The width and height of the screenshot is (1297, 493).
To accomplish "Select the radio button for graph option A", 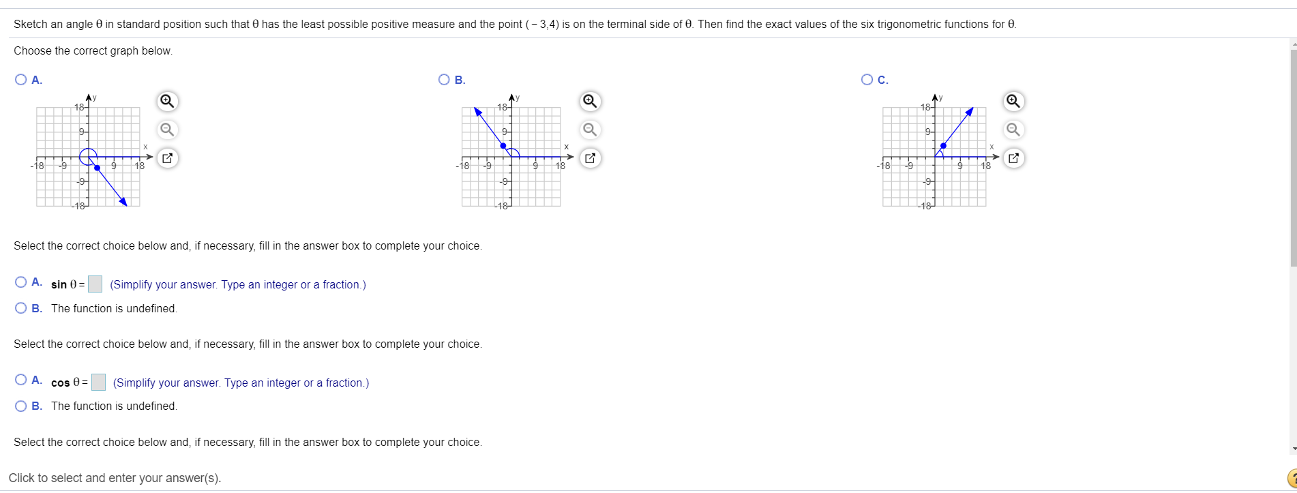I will pyautogui.click(x=21, y=80).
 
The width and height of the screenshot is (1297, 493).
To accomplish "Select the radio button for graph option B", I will pyautogui.click(x=445, y=80).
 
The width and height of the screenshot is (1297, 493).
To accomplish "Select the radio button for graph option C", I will pyautogui.click(x=867, y=80).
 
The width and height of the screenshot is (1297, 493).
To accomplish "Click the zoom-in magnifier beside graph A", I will pyautogui.click(x=167, y=102).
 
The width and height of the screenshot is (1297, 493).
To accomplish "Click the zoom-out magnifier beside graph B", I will pyautogui.click(x=591, y=130).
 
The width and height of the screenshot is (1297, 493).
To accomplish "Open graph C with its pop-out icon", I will pyautogui.click(x=1013, y=158).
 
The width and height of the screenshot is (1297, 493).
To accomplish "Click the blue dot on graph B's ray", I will pyautogui.click(x=503, y=146).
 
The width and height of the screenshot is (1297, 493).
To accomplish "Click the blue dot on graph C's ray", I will pyautogui.click(x=943, y=145).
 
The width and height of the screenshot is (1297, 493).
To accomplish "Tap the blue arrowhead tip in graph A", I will pyautogui.click(x=124, y=202).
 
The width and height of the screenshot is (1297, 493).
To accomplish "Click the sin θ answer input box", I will pyautogui.click(x=95, y=284).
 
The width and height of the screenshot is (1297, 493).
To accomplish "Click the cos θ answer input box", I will pyautogui.click(x=98, y=383).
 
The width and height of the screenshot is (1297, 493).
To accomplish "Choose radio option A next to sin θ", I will pyautogui.click(x=21, y=282).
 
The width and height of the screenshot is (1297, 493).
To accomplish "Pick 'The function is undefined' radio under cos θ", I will pyautogui.click(x=21, y=406).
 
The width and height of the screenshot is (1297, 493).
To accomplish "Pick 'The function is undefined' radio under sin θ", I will pyautogui.click(x=21, y=308).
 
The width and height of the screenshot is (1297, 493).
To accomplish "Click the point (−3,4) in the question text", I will pyautogui.click(x=542, y=25).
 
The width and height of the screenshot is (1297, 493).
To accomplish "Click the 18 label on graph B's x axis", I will pyautogui.click(x=560, y=166).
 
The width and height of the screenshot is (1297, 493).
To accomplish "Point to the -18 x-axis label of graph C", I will pyautogui.click(x=883, y=166).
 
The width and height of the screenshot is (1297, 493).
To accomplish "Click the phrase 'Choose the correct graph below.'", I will pyautogui.click(x=93, y=51).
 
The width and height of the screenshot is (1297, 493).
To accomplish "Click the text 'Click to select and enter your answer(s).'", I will pyautogui.click(x=115, y=478).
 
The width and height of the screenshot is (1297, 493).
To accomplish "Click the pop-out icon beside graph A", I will pyautogui.click(x=167, y=158).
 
